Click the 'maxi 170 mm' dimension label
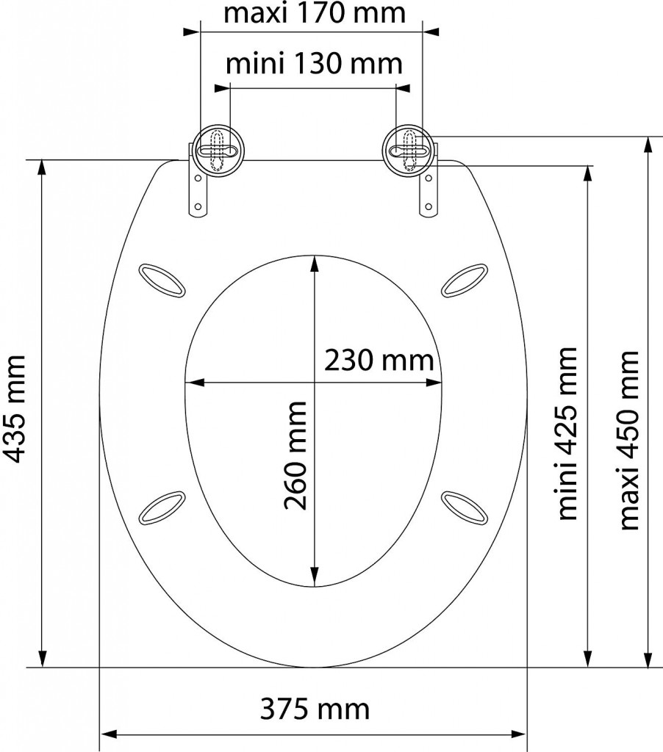click(x=315, y=13)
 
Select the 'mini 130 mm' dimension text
click(x=314, y=63)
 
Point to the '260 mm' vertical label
click(x=295, y=455)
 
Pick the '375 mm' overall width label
click(x=315, y=709)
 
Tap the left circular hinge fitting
click(x=218, y=151)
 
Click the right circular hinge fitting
click(x=409, y=151)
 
